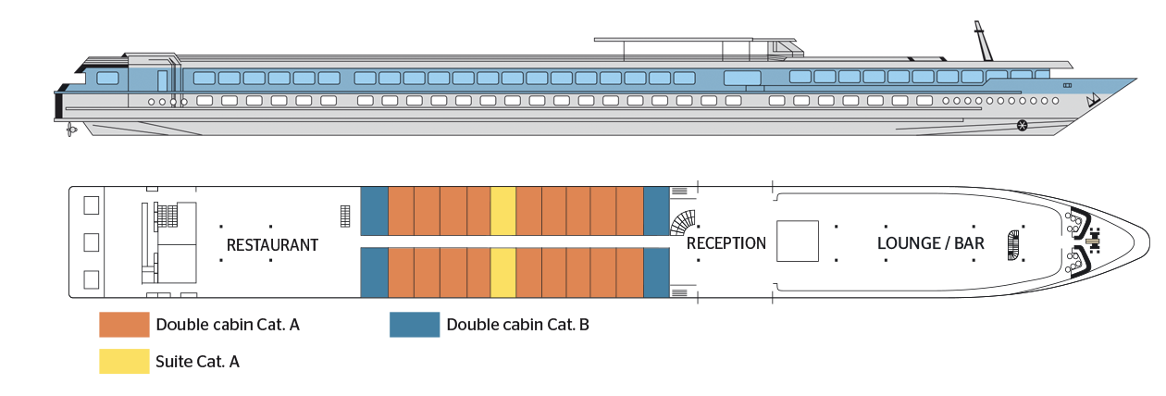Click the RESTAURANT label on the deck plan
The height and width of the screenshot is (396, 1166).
272,245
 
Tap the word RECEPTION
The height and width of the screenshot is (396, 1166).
726,243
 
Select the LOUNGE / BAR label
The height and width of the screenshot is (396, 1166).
930,244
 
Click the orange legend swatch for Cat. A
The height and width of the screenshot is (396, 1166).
124,325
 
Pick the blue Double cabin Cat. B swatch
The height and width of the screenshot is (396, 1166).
415,325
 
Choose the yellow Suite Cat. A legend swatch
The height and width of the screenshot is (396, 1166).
124,362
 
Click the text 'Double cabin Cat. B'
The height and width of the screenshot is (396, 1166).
517,325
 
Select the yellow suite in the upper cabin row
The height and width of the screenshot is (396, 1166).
502,211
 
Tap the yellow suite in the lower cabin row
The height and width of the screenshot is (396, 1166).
502,273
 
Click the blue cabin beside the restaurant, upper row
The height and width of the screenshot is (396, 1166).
374,211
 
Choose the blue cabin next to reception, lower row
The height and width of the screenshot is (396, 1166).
655,273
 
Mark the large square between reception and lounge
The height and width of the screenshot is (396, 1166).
797,241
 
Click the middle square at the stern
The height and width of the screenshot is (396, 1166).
91,242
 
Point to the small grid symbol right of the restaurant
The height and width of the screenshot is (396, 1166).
345,216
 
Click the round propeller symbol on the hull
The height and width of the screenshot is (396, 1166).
1023,125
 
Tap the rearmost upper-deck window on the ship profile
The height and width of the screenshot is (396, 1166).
107,78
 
